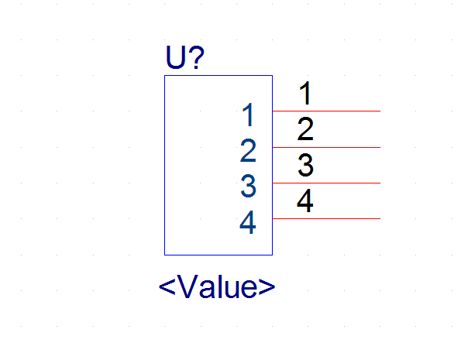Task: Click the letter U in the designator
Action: click(x=175, y=57)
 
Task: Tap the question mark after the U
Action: click(x=196, y=57)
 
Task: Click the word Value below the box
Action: click(x=217, y=286)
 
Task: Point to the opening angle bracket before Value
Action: click(x=167, y=287)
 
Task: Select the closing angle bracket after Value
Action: click(x=267, y=287)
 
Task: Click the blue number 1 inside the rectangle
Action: click(x=249, y=115)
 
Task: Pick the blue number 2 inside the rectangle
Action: click(x=248, y=150)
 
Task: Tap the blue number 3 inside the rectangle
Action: click(x=248, y=186)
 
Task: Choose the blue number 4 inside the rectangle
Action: click(x=248, y=222)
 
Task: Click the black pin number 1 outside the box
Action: click(x=305, y=93)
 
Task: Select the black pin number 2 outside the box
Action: click(x=305, y=129)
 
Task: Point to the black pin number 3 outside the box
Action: click(x=305, y=165)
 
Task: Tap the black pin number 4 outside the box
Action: click(x=305, y=201)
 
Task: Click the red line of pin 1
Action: click(x=326, y=111)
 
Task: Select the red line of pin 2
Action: click(x=326, y=147)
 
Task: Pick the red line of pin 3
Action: click(x=326, y=183)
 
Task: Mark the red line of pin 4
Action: click(x=326, y=218)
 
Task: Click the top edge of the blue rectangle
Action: click(x=218, y=76)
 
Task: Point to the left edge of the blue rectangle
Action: click(x=164, y=165)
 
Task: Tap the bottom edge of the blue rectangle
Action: click(x=218, y=255)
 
